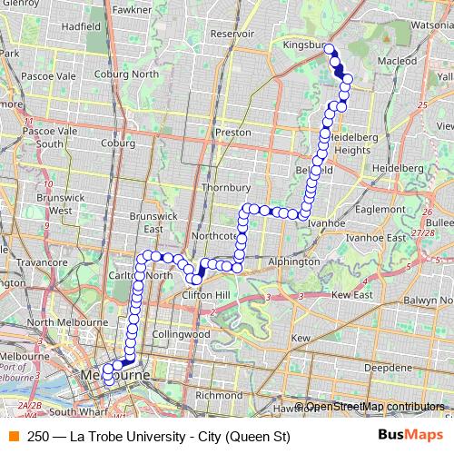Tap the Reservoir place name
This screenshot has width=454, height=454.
[232, 33]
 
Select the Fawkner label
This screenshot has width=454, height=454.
[133, 9]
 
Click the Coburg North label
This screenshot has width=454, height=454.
[133, 74]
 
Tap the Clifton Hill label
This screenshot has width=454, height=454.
[209, 295]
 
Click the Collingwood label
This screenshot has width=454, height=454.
[174, 334]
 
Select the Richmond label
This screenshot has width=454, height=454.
[219, 395]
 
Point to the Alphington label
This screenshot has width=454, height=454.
[294, 261]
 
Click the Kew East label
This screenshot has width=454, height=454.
[352, 295]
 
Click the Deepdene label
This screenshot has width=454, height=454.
[389, 368]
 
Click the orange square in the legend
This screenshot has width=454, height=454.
[13, 437]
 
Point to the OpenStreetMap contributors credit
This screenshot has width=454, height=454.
[374, 407]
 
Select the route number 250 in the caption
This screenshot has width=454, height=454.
[38, 437]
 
